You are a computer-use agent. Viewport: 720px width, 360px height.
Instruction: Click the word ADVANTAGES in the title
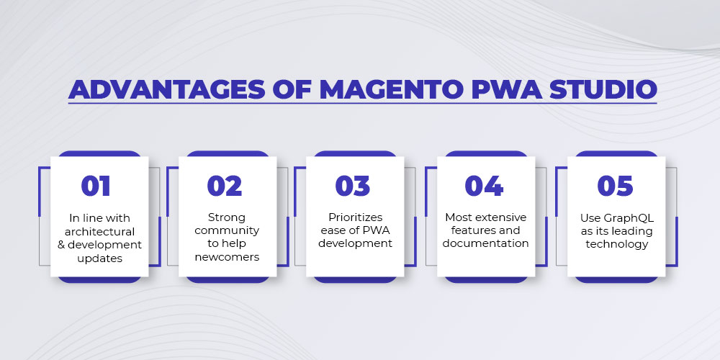click(167, 89)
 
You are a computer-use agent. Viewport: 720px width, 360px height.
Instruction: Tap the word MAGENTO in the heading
click(390, 89)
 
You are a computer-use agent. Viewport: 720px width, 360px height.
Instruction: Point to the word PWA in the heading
click(505, 89)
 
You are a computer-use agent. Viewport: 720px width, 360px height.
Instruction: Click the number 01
click(96, 186)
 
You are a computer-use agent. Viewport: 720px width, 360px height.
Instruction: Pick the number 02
click(225, 186)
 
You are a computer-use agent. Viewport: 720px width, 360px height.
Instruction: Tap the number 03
click(353, 186)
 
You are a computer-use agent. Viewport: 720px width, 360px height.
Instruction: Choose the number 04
click(484, 186)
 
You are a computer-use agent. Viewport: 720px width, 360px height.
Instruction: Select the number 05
click(616, 186)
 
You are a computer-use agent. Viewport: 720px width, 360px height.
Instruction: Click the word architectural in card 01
click(99, 231)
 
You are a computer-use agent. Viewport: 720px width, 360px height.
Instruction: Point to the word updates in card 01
click(99, 258)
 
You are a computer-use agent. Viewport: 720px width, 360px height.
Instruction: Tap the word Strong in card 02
click(227, 217)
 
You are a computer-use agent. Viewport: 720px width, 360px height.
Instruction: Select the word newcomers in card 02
click(227, 257)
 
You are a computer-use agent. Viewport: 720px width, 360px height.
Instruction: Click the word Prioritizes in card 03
click(356, 217)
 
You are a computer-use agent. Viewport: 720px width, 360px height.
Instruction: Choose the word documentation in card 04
click(486, 243)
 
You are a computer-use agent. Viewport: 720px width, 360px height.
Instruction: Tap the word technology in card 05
click(617, 244)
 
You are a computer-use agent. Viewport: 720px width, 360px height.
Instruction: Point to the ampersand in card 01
click(61, 245)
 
